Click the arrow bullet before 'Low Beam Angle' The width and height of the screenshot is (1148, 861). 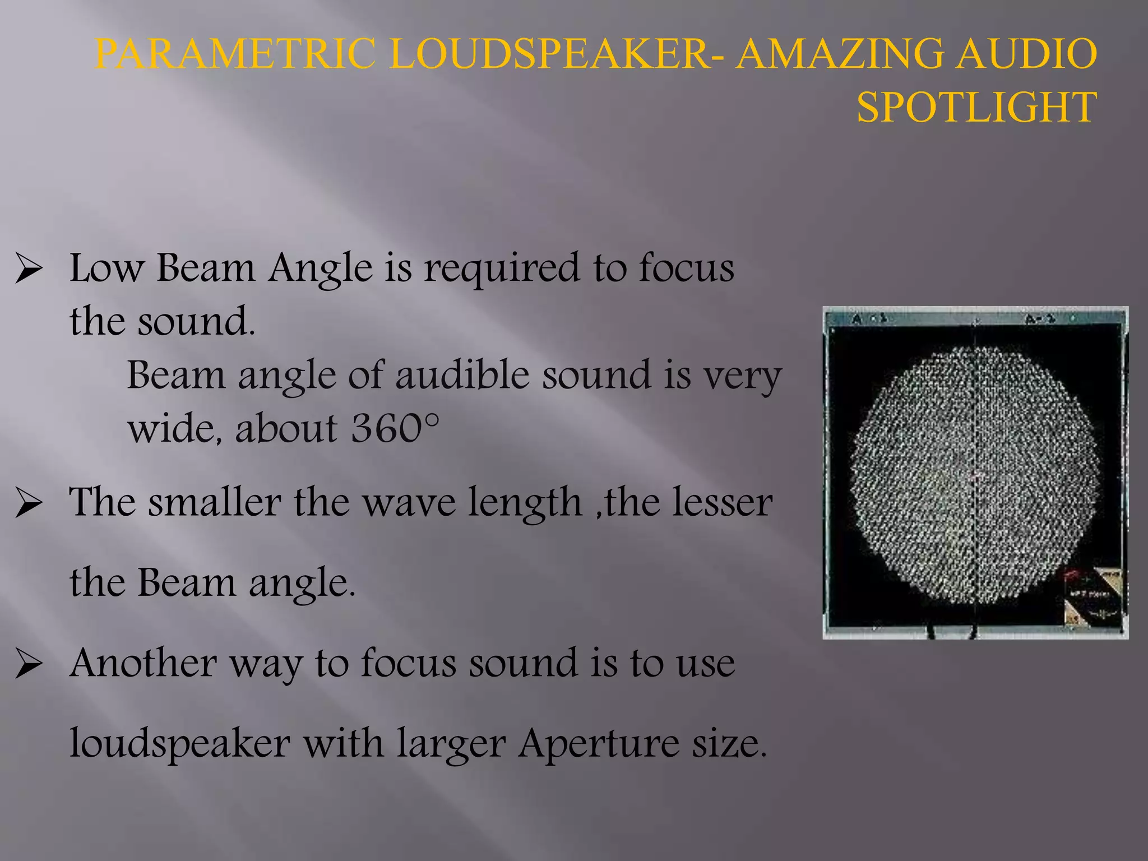coord(29,269)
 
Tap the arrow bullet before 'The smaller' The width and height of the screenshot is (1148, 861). coord(29,503)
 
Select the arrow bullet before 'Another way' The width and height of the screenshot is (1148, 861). coord(29,664)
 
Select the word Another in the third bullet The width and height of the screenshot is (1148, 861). coord(143,663)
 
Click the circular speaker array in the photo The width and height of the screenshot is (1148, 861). coord(974,474)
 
